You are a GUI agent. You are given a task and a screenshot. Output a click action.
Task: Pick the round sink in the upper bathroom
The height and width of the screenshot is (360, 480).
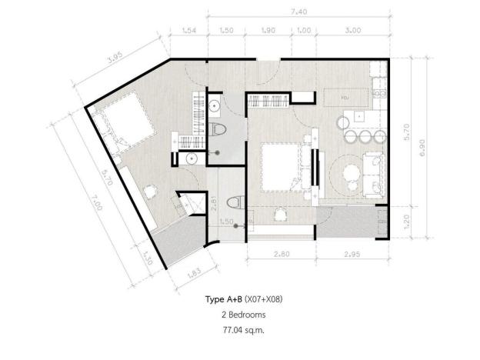215,106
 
